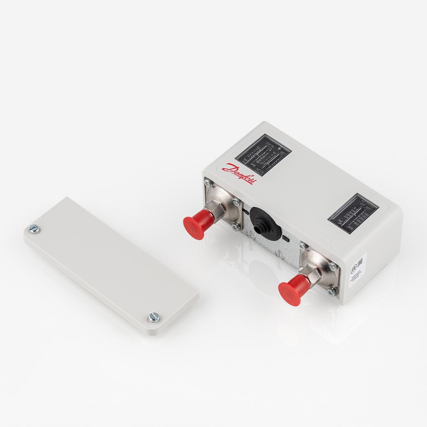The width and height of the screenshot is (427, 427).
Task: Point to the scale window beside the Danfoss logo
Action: tap(263, 155)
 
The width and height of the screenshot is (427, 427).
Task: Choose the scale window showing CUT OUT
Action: tap(353, 213)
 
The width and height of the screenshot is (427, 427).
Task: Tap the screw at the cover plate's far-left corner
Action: tap(34, 228)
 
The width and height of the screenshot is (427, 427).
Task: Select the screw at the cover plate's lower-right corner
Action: tap(153, 318)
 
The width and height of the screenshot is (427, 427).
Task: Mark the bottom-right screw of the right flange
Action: tap(332, 291)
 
